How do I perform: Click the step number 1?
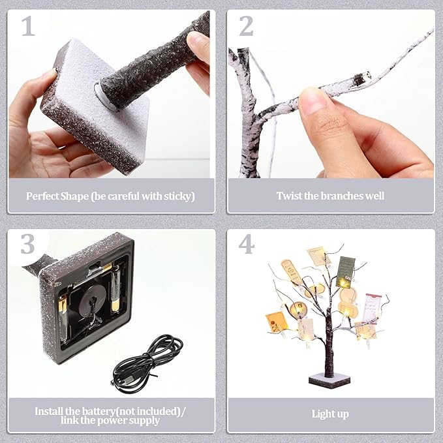[x=27, y=27]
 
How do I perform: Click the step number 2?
[x=247, y=27]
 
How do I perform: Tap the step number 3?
[x=27, y=245]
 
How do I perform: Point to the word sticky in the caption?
[x=179, y=196]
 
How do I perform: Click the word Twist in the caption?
[x=289, y=196]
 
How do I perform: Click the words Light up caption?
[x=330, y=414]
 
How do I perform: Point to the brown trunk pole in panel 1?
[x=157, y=65]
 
